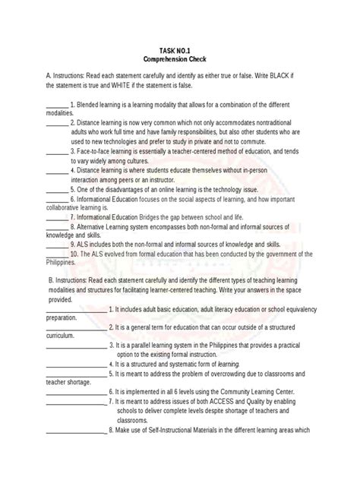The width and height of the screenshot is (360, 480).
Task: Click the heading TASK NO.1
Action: coord(179,48)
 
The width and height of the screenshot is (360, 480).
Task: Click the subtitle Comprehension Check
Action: coord(179,58)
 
